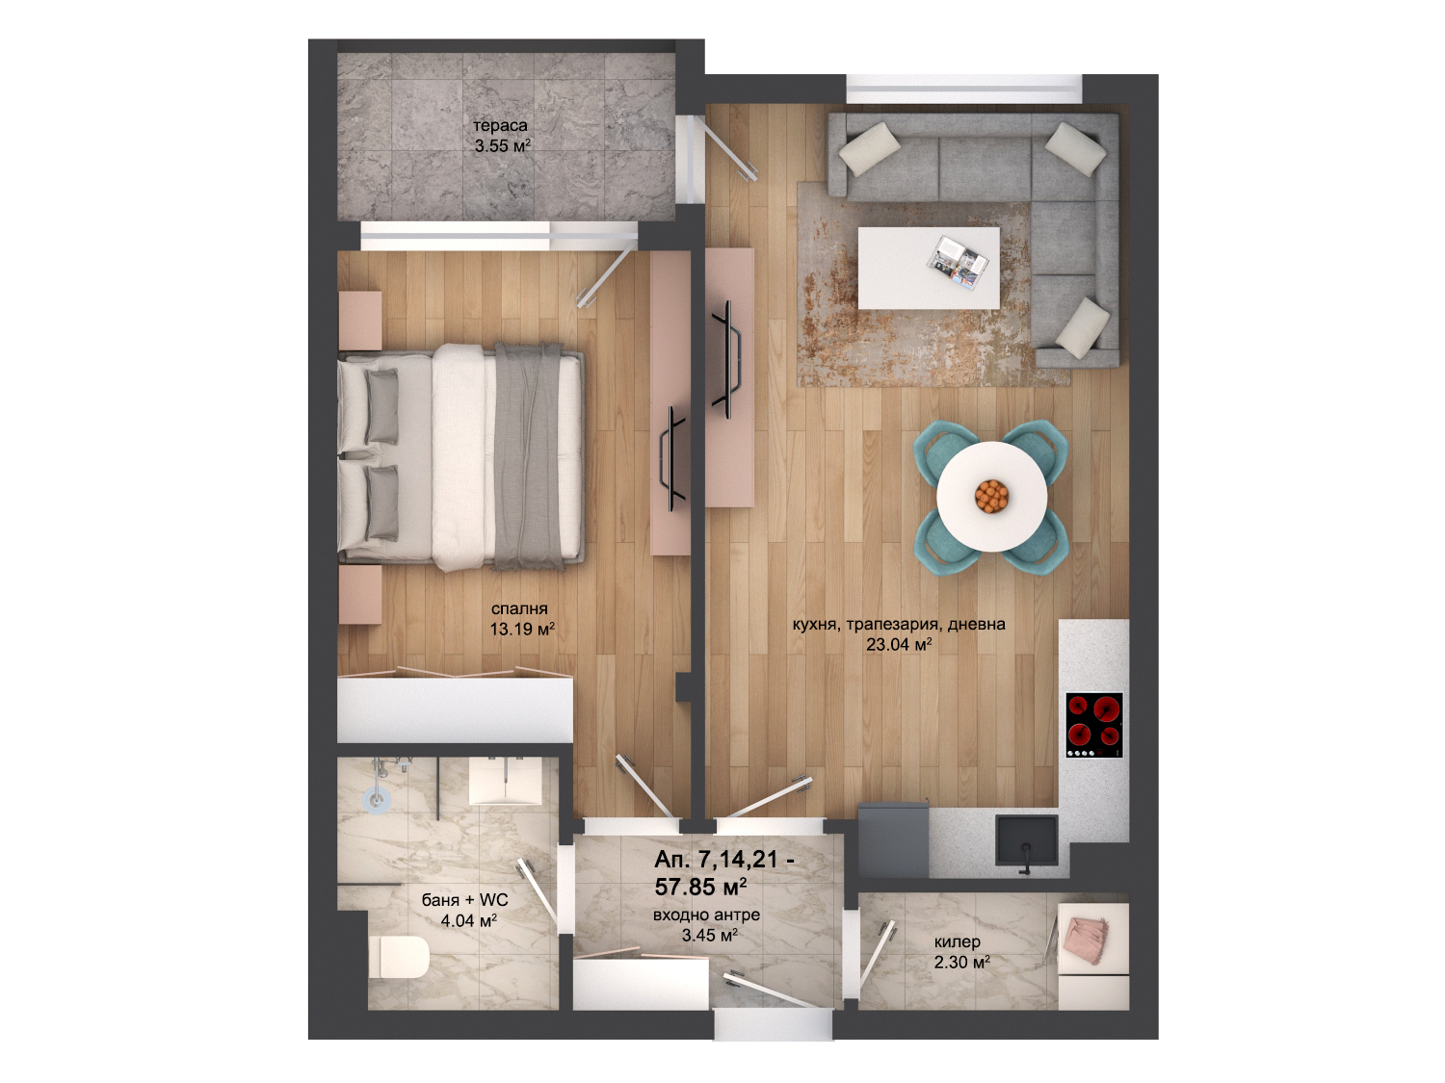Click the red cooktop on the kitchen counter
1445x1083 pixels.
(x=1093, y=725)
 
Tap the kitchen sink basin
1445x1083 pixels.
(x=1026, y=839)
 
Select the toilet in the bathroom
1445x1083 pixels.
(x=398, y=956)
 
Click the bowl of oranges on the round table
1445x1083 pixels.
(x=991, y=497)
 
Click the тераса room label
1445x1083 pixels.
(x=500, y=125)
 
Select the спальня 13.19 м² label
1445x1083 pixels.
(x=521, y=619)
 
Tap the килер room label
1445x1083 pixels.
(x=958, y=941)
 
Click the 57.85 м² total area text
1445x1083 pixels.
(x=700, y=887)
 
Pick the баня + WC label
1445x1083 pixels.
(x=464, y=899)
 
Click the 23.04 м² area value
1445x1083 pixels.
(x=899, y=644)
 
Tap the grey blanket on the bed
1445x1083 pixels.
(x=529, y=455)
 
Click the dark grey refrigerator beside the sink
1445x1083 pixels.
(x=893, y=839)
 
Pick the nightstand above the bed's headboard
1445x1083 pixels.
(x=360, y=321)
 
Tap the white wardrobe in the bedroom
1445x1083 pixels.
(x=455, y=711)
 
